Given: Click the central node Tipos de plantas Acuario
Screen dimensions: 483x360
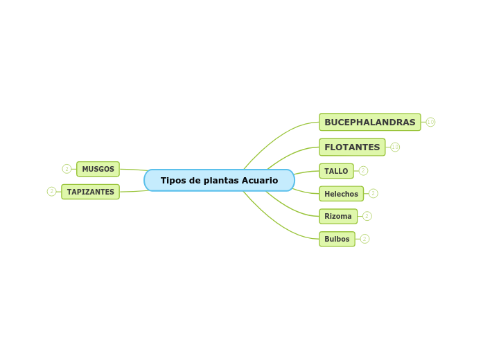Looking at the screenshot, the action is click(x=219, y=181).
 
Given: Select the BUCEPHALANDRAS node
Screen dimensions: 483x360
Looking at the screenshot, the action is click(x=369, y=123).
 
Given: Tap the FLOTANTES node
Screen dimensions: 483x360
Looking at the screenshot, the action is click(x=352, y=147).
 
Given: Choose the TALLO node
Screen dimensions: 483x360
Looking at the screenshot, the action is click(x=336, y=171).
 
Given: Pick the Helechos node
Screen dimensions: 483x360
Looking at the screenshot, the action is click(x=341, y=194).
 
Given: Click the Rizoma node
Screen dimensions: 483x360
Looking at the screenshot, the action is click(x=338, y=217).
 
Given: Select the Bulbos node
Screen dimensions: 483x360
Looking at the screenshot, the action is click(x=337, y=240).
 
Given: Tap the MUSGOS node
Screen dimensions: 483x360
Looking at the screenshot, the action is click(x=98, y=169).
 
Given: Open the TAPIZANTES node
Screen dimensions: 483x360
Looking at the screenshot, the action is click(x=90, y=192).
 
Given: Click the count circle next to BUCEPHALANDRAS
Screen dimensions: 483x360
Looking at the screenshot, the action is click(x=430, y=123).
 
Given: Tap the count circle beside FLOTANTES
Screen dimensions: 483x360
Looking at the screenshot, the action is click(x=395, y=147).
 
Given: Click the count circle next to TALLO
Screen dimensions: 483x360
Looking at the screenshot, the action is click(x=363, y=171).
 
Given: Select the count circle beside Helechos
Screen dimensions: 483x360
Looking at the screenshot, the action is click(x=373, y=194).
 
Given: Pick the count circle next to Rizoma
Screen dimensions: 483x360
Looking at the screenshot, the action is click(x=367, y=217).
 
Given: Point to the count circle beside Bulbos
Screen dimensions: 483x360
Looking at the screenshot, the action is click(x=365, y=239).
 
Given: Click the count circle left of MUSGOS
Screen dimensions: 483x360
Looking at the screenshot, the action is click(x=67, y=169).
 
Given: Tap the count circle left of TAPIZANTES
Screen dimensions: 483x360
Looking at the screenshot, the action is click(x=51, y=192).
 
